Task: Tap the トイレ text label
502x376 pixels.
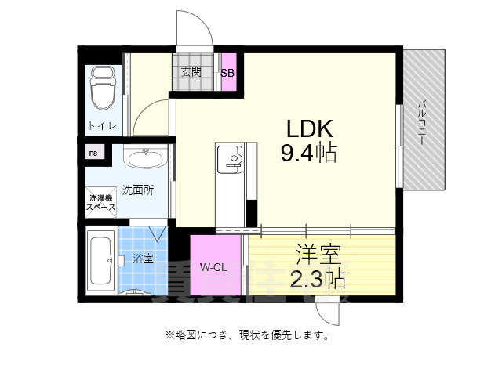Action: [102, 126]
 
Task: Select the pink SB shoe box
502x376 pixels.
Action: [227, 73]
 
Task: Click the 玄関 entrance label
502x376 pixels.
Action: [191, 71]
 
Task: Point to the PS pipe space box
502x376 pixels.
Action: [93, 154]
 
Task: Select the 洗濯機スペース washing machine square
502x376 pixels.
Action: [101, 203]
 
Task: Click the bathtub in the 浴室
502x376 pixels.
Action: [100, 260]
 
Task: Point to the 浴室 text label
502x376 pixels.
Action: [143, 258]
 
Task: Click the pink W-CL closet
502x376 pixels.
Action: [214, 267]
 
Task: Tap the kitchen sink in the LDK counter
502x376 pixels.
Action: [231, 161]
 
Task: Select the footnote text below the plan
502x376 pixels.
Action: [246, 335]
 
